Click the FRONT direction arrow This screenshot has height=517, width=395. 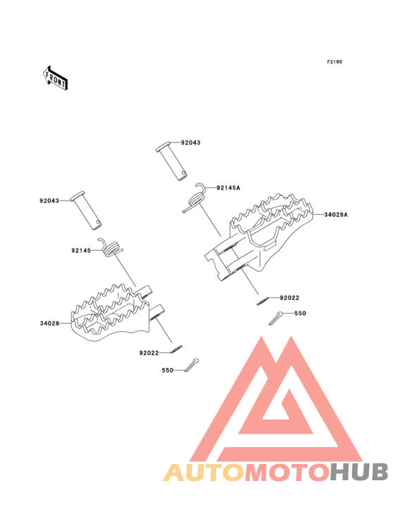click(55, 78)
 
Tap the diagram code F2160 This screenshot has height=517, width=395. click(334, 61)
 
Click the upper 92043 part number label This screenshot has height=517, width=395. click(190, 143)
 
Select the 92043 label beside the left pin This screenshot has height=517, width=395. click(49, 201)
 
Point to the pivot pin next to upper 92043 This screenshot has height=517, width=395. click(171, 161)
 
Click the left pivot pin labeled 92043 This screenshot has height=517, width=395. click(86, 210)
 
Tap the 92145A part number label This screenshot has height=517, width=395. click(229, 188)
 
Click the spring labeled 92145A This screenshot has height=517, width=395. click(195, 198)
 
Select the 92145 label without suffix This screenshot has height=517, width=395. click(81, 251)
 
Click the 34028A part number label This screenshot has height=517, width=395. click(336, 215)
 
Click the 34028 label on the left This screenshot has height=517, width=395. click(49, 323)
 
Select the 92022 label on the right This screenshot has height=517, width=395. click(290, 298)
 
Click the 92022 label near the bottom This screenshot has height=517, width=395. click(149, 353)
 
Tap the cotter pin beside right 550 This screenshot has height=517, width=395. click(276, 318)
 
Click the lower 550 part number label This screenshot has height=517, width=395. click(168, 370)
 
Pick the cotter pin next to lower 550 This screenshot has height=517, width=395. click(192, 365)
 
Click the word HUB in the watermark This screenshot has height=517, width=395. click(360, 472)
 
